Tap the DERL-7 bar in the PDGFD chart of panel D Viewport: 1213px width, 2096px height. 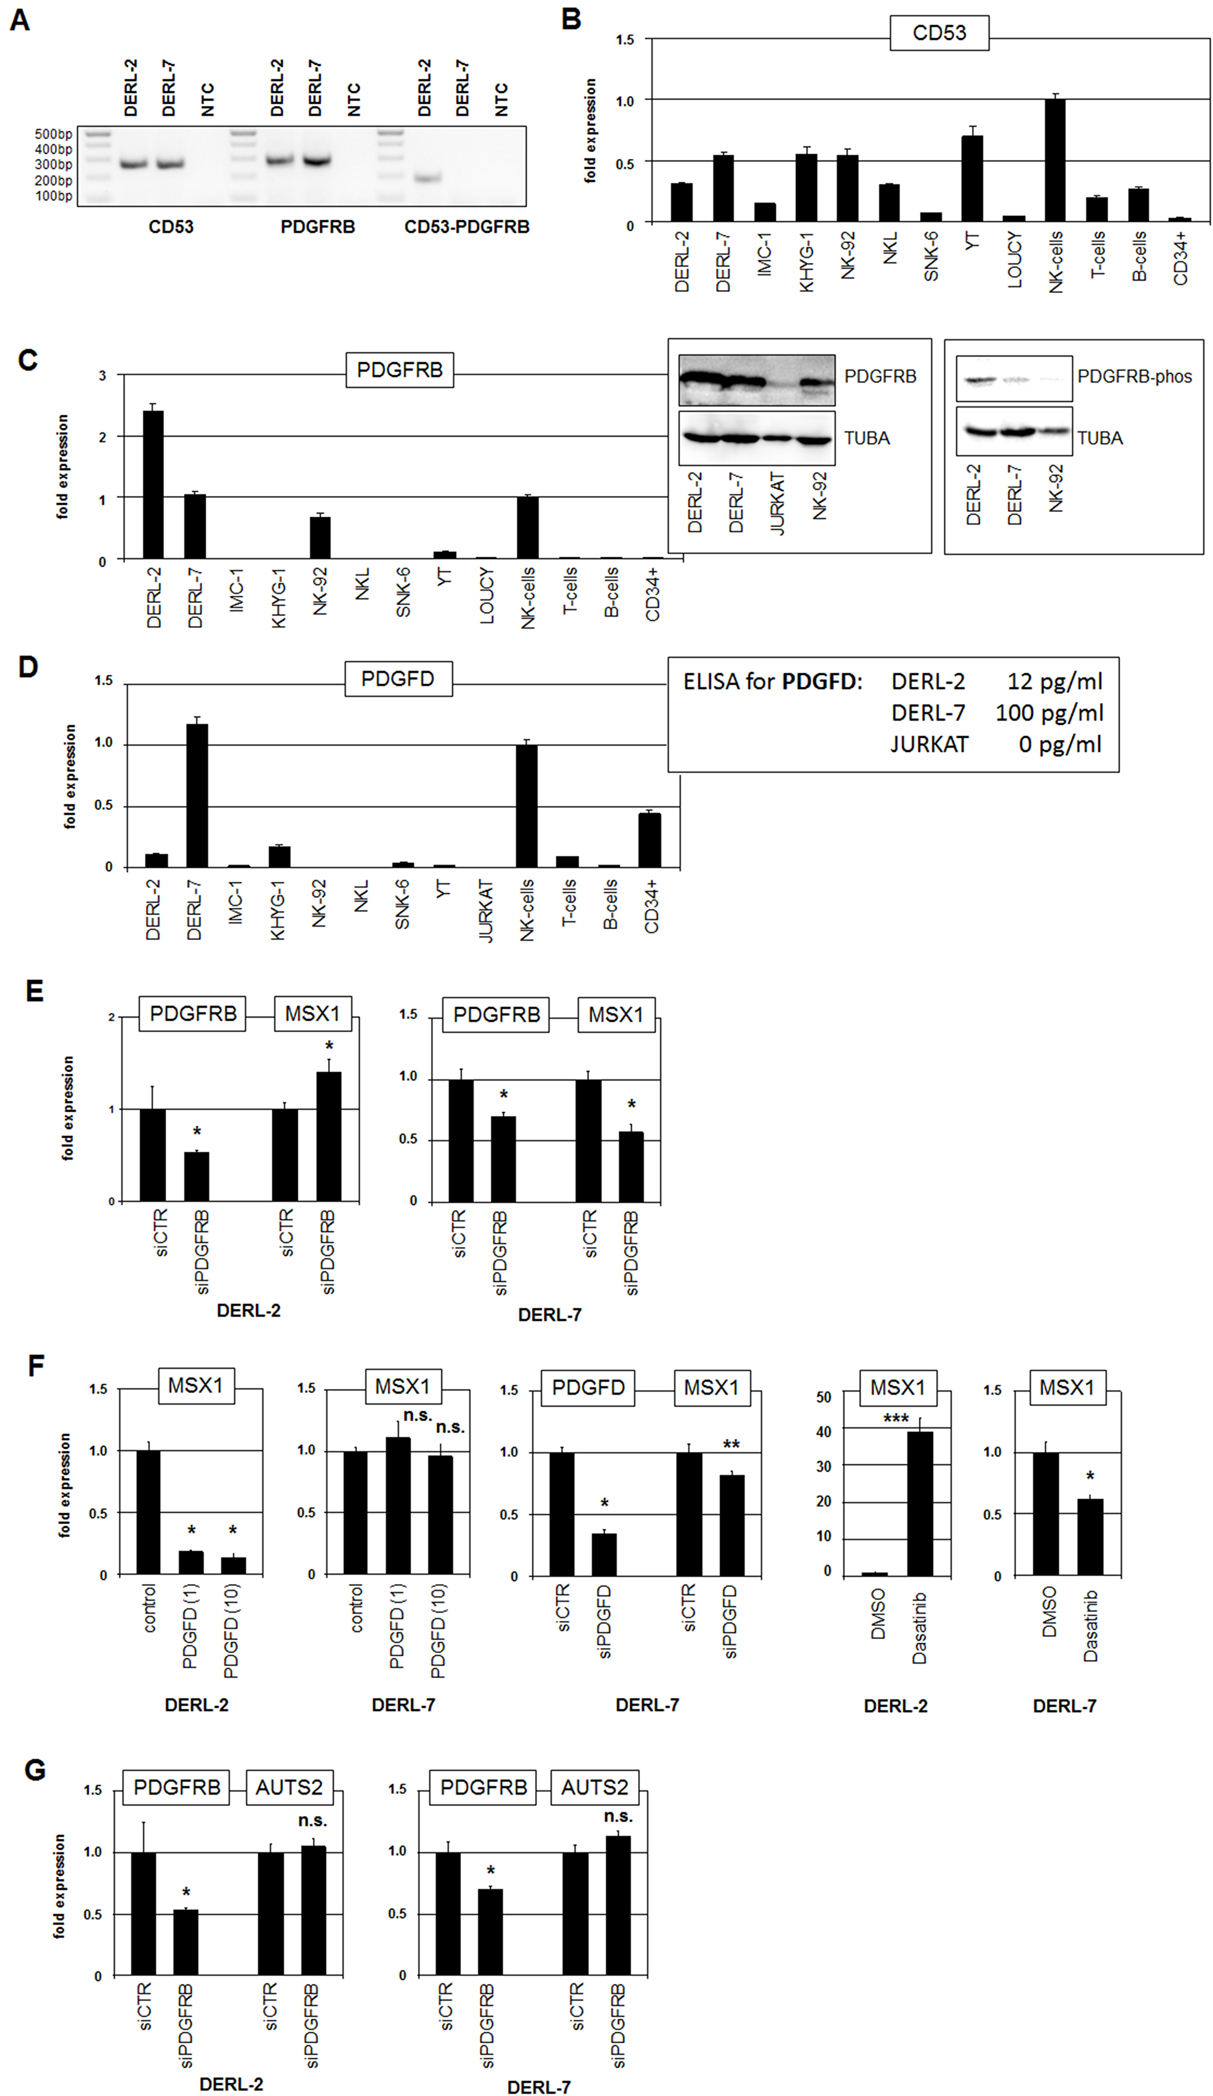click(x=197, y=795)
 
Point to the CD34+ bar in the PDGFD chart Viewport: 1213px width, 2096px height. click(x=650, y=840)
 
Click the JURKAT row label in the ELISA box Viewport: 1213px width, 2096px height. click(x=929, y=744)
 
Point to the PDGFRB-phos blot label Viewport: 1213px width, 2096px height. click(x=1134, y=377)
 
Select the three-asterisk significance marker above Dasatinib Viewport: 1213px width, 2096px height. click(x=895, y=1418)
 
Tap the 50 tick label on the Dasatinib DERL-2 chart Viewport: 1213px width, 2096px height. click(x=824, y=1397)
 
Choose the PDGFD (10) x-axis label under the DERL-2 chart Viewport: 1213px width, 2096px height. click(x=231, y=1630)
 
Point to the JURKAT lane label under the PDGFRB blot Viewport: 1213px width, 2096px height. click(x=777, y=503)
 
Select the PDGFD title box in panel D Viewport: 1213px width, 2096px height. click(x=398, y=679)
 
